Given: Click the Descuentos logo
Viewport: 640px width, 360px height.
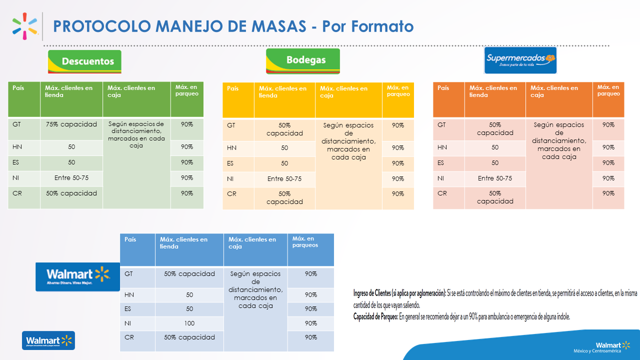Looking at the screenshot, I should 84,61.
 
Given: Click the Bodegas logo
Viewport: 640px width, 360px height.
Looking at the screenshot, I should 303,61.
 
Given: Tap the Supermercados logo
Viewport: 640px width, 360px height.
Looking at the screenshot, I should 520,60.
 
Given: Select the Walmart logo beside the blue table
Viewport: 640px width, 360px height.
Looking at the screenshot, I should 77,276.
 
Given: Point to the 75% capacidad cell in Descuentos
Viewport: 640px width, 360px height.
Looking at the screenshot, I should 71,124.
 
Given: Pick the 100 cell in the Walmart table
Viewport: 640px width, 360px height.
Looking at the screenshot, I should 189,323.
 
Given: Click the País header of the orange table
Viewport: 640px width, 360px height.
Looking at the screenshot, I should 443,88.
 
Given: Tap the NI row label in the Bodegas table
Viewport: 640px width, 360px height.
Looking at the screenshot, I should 231,178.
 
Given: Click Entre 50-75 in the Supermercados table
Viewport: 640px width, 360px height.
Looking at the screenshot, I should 495,178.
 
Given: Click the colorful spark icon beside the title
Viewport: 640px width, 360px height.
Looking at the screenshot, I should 25,26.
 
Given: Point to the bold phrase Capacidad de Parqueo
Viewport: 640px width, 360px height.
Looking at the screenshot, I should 375,316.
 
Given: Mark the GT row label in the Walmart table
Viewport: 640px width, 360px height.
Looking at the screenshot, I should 129,274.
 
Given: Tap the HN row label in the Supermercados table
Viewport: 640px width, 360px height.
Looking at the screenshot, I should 442,147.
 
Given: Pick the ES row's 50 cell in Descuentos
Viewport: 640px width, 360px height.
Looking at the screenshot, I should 71,162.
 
